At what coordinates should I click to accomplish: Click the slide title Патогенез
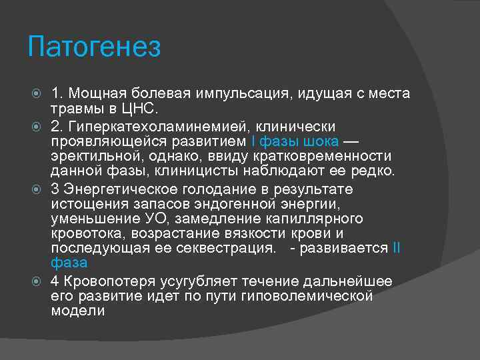pos(95,48)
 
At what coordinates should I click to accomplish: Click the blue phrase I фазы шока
pos(294,141)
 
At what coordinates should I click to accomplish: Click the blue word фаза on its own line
pos(69,263)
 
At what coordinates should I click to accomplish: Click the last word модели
pos(78,311)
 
